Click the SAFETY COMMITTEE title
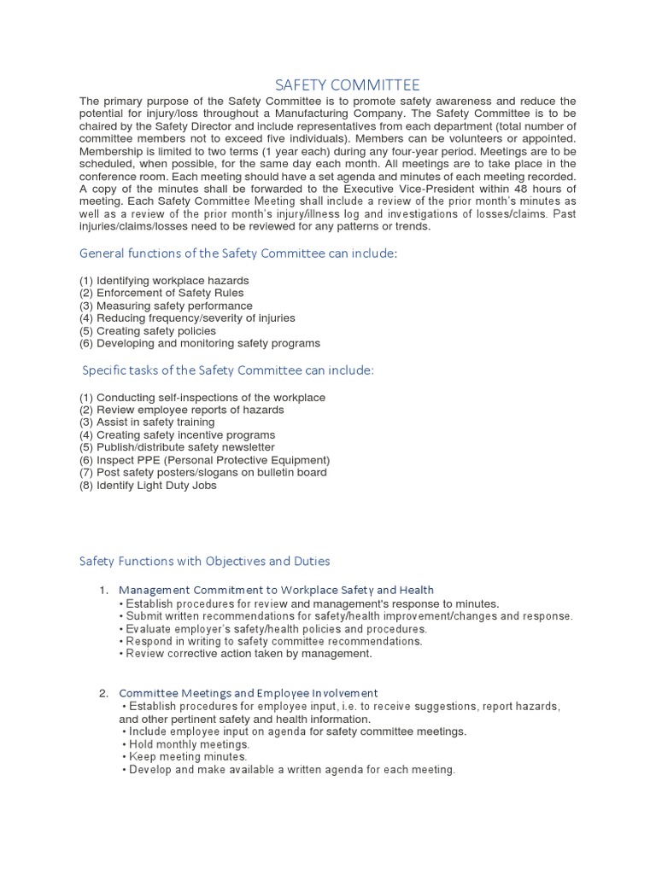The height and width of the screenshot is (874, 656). click(347, 84)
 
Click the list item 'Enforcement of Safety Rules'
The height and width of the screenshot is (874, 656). click(162, 293)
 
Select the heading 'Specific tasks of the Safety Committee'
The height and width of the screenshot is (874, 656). click(228, 370)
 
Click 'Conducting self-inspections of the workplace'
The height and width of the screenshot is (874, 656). click(202, 398)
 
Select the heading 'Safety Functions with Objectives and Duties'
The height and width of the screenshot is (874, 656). click(204, 561)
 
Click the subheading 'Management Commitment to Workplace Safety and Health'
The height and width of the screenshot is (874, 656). click(276, 590)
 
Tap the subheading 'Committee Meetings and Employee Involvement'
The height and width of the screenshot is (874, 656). click(248, 693)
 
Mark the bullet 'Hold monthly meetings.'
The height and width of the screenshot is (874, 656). click(185, 744)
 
